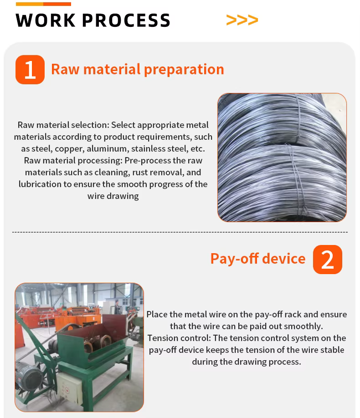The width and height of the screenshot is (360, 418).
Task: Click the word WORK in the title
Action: [46, 20]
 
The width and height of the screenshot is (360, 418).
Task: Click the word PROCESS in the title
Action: [126, 20]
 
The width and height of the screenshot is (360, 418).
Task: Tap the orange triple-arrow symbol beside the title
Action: [242, 20]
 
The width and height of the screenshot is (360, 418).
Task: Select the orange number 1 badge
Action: [30, 70]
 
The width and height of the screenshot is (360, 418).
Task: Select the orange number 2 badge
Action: [328, 260]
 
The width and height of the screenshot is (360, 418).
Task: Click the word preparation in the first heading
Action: [184, 70]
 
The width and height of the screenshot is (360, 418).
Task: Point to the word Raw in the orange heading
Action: [65, 69]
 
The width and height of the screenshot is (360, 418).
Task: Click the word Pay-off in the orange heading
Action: [235, 259]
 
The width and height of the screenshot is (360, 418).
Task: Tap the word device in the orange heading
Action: [284, 258]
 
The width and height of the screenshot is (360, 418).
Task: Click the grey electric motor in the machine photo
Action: [28, 375]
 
